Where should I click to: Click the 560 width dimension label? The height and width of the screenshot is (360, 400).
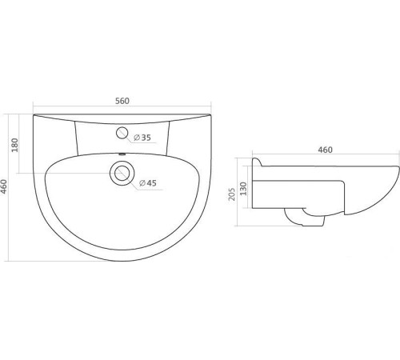click(122, 101)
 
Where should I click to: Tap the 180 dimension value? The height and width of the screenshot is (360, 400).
click(14, 145)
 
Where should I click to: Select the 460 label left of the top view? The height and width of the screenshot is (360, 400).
click(4, 186)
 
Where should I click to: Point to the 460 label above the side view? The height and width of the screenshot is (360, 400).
click(325, 150)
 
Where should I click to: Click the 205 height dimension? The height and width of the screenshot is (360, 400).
click(232, 194)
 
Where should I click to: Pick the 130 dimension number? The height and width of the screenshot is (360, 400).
click(243, 189)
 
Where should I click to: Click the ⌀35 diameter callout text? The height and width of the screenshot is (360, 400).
click(142, 138)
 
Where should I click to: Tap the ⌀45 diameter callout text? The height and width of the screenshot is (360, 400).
click(148, 183)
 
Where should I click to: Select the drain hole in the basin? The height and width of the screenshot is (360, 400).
click(122, 173)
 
